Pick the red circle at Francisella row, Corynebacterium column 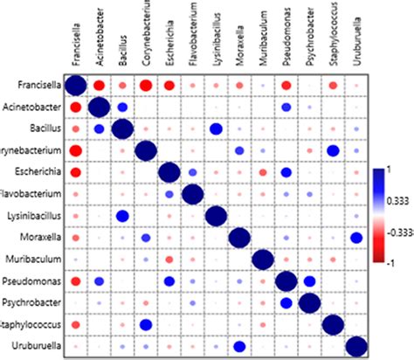[x=145, y=85]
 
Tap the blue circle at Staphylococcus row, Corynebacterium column [x=145, y=325]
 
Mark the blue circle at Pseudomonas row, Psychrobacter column [x=308, y=281]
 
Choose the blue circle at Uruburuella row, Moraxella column [x=238, y=347]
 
